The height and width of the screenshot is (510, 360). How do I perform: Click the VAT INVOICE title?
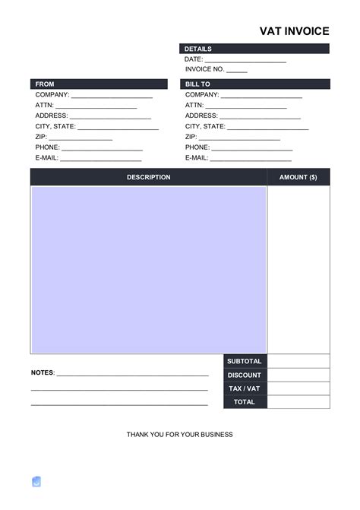click(x=295, y=31)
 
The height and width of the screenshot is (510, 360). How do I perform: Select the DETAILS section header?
click(x=198, y=49)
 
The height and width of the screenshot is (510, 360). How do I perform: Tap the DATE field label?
click(x=194, y=59)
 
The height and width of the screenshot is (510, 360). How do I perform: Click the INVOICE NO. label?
click(x=204, y=70)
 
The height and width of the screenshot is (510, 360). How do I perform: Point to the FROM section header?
click(x=44, y=84)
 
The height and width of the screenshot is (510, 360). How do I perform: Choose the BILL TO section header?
click(x=197, y=84)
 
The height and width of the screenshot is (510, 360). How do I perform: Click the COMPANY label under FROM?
click(x=52, y=95)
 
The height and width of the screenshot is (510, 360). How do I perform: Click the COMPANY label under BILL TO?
click(x=202, y=95)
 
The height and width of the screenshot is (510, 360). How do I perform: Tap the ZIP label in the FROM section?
click(x=42, y=137)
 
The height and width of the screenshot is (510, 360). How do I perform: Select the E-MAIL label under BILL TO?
click(x=197, y=157)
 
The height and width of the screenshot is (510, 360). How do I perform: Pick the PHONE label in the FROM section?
click(x=47, y=147)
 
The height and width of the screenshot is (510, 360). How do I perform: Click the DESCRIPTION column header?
click(x=149, y=177)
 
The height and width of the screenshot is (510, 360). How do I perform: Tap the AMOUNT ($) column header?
click(x=298, y=177)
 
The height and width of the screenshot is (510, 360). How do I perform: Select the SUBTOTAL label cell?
click(x=245, y=361)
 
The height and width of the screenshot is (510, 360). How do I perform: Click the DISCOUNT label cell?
click(x=245, y=375)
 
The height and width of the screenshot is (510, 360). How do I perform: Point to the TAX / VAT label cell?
click(x=245, y=388)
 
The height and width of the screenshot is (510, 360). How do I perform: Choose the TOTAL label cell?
click(x=245, y=402)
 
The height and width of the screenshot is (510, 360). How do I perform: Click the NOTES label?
click(x=43, y=372)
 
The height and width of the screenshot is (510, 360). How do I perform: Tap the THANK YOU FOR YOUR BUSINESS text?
click(x=179, y=435)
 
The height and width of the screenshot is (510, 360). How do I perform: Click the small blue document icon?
click(x=36, y=481)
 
